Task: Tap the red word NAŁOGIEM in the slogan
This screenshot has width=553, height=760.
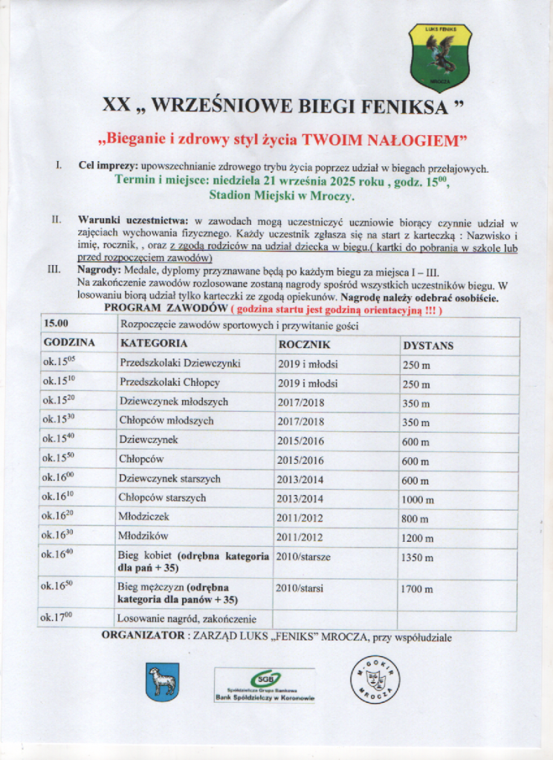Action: [x=417, y=140]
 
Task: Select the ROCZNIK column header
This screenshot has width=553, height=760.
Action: [x=305, y=345]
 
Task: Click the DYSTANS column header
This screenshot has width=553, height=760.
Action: [x=428, y=346]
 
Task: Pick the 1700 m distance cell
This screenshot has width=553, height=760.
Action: [x=416, y=589]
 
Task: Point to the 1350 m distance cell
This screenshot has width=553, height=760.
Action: [x=416, y=557]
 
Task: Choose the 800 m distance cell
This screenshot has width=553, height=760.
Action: [x=415, y=519]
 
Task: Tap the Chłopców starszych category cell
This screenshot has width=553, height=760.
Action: [x=162, y=498]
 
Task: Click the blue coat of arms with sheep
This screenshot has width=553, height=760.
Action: [x=162, y=681]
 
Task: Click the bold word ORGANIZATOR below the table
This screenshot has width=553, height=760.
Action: [x=143, y=636]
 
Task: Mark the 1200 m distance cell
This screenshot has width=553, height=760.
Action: [x=418, y=538]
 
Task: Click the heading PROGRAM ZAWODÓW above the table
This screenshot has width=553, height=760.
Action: [x=165, y=308]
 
